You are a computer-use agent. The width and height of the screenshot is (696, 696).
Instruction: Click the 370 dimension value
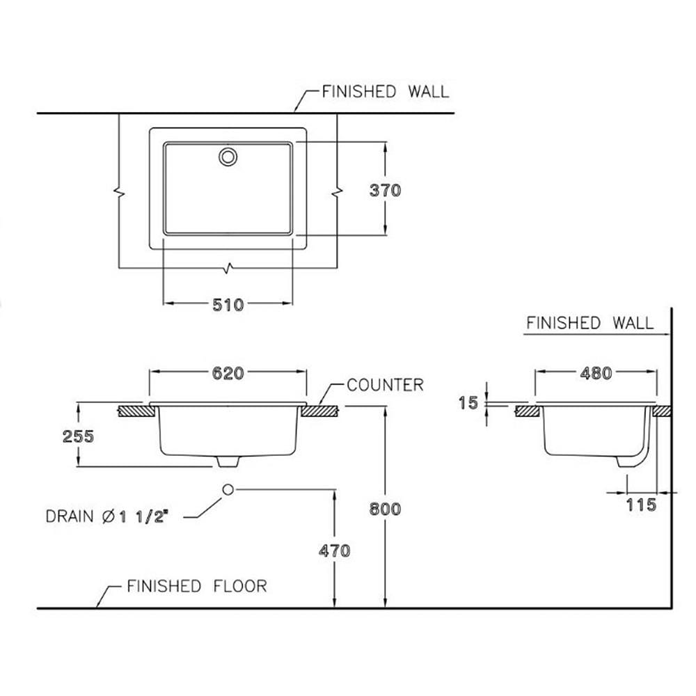[x=385, y=191]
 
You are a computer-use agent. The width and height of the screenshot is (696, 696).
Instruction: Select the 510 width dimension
[x=228, y=305]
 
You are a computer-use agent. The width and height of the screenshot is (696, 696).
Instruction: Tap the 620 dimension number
[x=228, y=373]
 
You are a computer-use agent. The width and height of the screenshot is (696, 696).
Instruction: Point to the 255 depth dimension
[x=78, y=436]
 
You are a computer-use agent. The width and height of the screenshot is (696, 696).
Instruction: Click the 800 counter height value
[x=385, y=509]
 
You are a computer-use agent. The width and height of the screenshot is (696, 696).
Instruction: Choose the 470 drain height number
[x=334, y=551]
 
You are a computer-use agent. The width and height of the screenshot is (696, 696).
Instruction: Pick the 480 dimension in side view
[x=596, y=373]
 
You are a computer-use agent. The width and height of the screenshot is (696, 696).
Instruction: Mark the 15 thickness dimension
[x=468, y=403]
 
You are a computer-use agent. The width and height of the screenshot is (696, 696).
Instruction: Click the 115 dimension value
[x=640, y=505]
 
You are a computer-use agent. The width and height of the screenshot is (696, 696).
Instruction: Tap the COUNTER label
[x=385, y=385]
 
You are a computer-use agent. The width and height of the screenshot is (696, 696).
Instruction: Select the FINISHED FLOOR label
[x=197, y=586]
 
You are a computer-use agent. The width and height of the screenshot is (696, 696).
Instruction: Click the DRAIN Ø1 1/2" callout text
[x=107, y=516]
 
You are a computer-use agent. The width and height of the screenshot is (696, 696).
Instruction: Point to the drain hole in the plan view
[x=228, y=157]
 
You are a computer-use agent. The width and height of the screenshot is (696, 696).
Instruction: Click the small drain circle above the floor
[x=228, y=489]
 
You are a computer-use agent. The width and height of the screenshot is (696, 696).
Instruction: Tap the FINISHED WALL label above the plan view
[x=386, y=91]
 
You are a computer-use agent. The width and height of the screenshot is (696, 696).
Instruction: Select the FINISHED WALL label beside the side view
[x=590, y=323]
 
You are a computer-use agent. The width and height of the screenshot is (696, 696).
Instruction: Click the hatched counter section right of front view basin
[x=320, y=411]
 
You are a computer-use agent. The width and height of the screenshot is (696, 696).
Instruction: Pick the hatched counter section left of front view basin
[x=136, y=411]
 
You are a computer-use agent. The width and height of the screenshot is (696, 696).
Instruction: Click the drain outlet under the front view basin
[x=228, y=461]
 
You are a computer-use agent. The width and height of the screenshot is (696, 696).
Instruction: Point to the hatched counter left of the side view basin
[x=528, y=411]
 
